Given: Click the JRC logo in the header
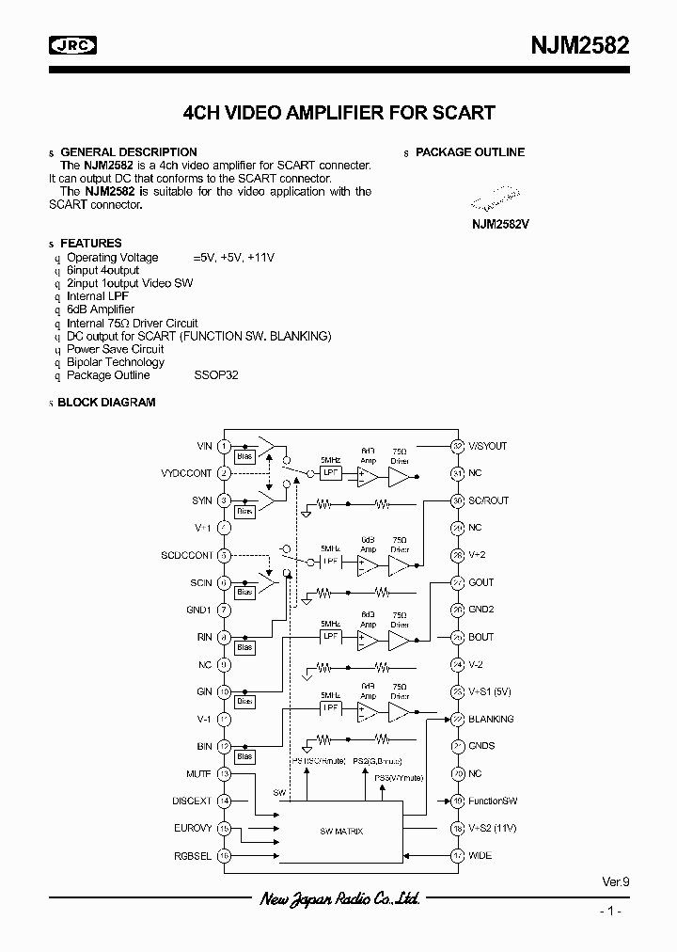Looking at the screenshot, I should coord(72,44).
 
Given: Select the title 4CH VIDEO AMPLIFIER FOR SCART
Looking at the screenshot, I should coord(338,113).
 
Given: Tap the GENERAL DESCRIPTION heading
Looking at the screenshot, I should coord(129,152).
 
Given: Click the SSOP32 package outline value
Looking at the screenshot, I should coord(216,375).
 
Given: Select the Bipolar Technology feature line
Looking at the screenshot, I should coord(116,362).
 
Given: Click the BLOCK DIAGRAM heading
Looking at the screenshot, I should coord(106,403).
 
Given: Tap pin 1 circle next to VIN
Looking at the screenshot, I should coord(224,446).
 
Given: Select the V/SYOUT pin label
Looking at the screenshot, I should coord(487,446).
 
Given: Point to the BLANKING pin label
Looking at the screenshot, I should coord(491,719).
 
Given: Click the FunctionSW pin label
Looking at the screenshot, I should coord(493,801).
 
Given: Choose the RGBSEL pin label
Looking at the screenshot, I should coord(193,855).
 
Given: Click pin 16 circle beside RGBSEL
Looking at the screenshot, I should coord(224,855).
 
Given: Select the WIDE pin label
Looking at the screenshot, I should coord(480,855).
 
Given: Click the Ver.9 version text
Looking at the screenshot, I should coord(615,881).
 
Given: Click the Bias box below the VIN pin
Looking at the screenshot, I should coord(245,457).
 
